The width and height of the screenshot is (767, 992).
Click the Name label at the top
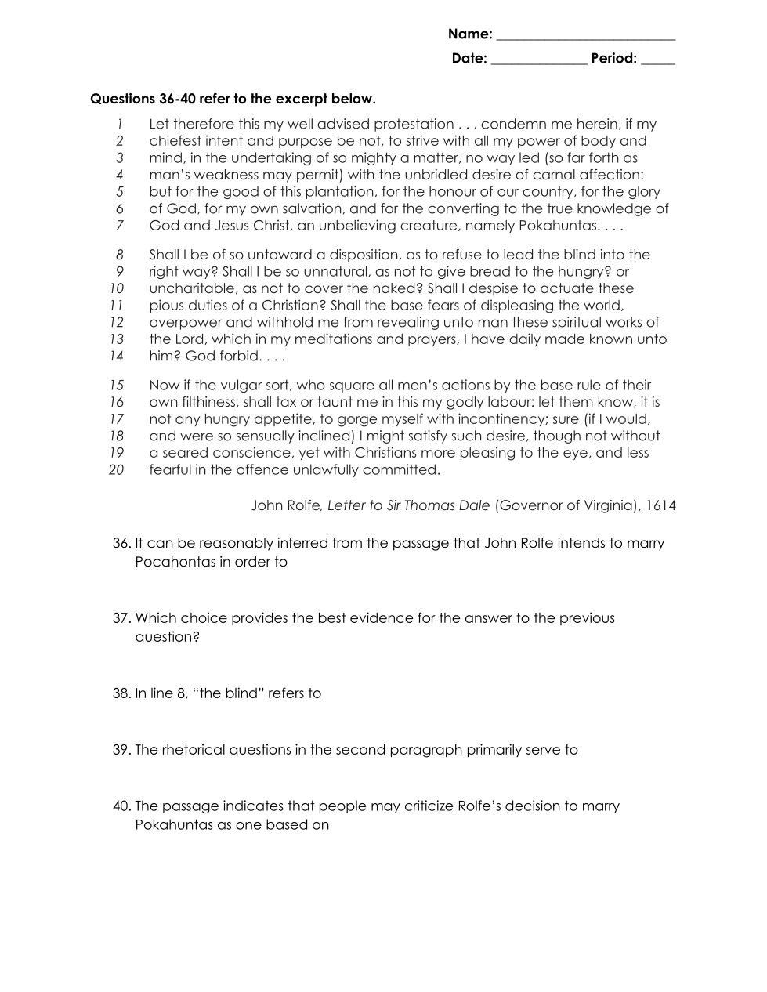coord(470,34)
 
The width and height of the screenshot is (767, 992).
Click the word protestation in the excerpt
coord(414,124)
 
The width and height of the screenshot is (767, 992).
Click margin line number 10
coord(117,288)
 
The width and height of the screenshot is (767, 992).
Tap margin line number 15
coord(117,386)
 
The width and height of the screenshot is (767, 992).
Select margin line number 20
coord(117,470)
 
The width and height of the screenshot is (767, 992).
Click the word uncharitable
coord(192,288)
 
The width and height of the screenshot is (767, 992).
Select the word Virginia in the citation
coord(604,505)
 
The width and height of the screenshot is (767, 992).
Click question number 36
coord(121,543)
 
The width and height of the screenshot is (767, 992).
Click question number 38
coord(121,693)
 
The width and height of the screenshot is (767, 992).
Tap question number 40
coord(121,806)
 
